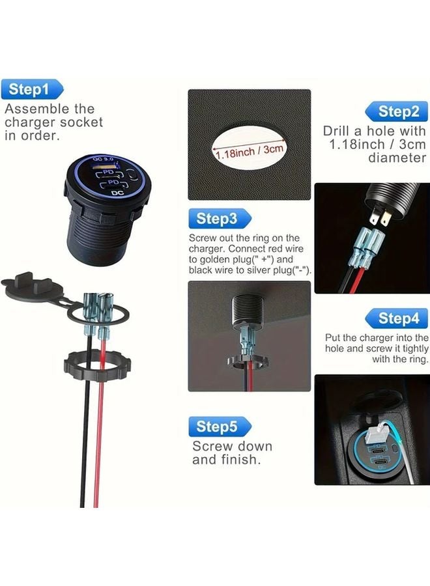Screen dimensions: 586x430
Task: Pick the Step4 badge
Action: tap(398, 318)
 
